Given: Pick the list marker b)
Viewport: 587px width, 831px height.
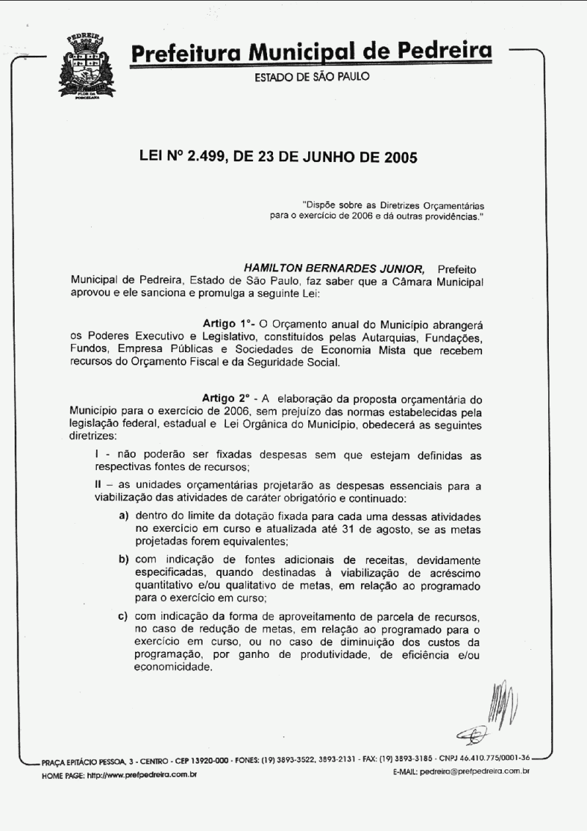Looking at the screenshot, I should click(x=125, y=560).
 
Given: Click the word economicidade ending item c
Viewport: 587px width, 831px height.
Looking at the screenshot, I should click(x=172, y=667).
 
